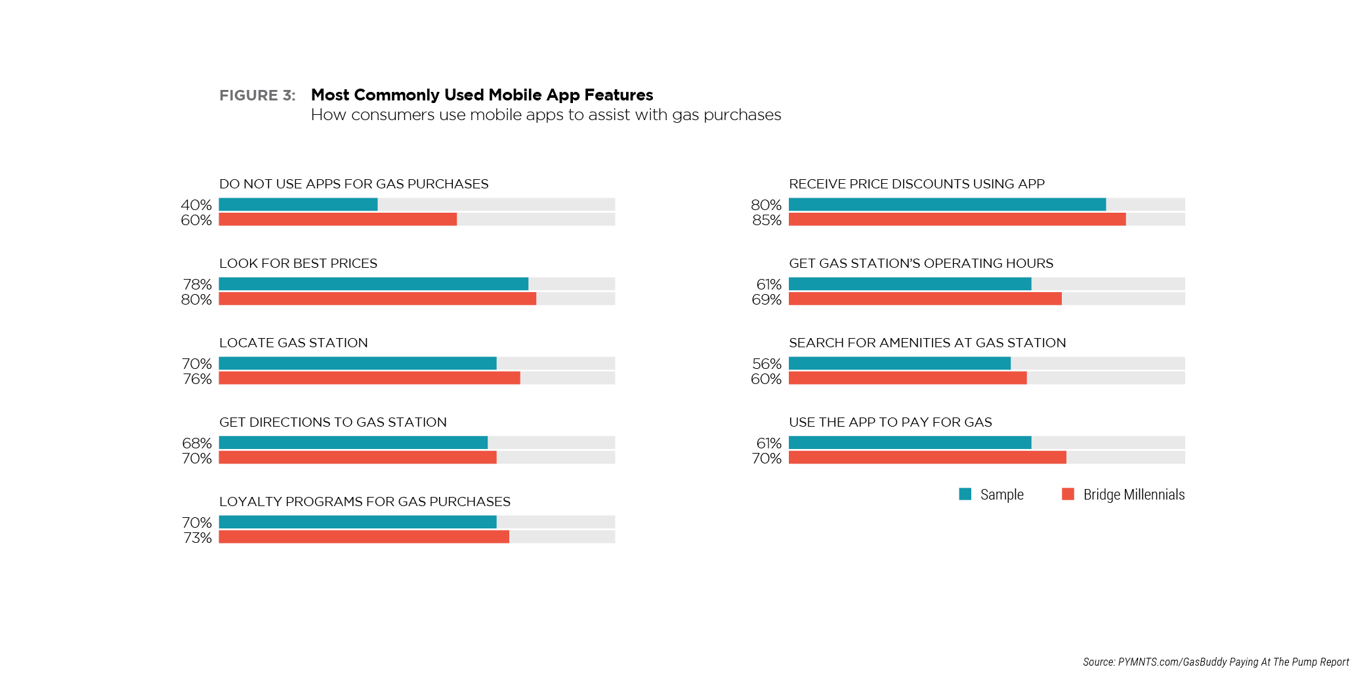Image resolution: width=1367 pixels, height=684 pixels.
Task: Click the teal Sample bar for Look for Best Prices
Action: point(373,284)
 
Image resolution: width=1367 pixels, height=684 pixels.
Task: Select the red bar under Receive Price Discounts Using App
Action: point(957,219)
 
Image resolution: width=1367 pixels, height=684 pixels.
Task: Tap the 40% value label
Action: point(196,205)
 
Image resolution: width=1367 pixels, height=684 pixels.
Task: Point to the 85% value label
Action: point(767,220)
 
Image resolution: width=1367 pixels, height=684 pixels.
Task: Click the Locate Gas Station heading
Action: point(293,343)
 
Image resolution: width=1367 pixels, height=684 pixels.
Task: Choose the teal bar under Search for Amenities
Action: point(899,363)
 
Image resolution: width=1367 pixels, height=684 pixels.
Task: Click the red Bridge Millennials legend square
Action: point(1068,494)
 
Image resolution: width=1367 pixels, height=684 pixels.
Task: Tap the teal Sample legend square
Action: point(965,494)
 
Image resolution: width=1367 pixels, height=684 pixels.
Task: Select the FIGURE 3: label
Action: point(257,96)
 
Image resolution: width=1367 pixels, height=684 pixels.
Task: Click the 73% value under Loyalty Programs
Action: point(197,538)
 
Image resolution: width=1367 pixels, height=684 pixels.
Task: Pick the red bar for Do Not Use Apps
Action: point(337,219)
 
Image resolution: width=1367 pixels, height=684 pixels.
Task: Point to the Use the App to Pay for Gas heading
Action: point(890,422)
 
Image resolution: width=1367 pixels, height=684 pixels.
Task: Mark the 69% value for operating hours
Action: point(767,299)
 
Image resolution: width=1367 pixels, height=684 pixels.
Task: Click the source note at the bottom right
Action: point(1215,662)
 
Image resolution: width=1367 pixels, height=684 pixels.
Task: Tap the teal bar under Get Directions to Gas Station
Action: point(353,442)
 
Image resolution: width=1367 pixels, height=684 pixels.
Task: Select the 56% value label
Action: point(767,364)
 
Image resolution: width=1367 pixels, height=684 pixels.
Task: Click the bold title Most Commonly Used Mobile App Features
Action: point(482,95)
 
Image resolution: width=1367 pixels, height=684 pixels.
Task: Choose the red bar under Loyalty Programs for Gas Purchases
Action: point(364,537)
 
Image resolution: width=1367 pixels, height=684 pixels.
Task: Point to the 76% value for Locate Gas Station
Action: point(197,379)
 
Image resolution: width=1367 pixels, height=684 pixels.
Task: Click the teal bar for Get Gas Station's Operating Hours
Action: point(910,284)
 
